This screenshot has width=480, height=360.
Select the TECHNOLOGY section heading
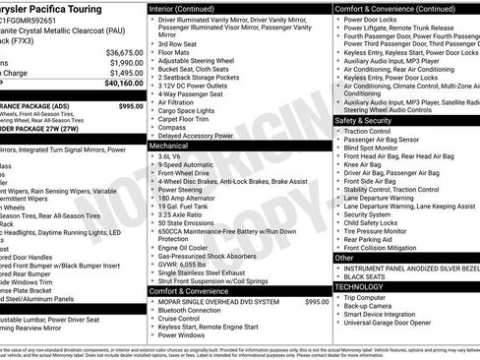point(367,286)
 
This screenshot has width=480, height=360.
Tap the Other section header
point(344,258)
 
